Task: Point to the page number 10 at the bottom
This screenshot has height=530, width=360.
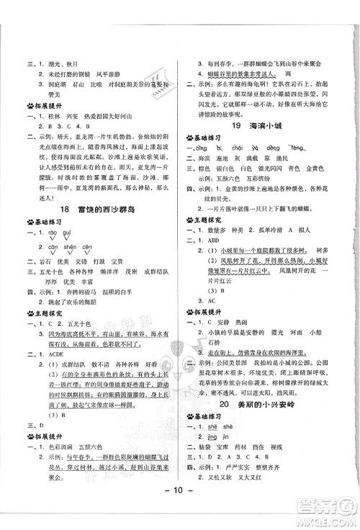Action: (180, 513)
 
